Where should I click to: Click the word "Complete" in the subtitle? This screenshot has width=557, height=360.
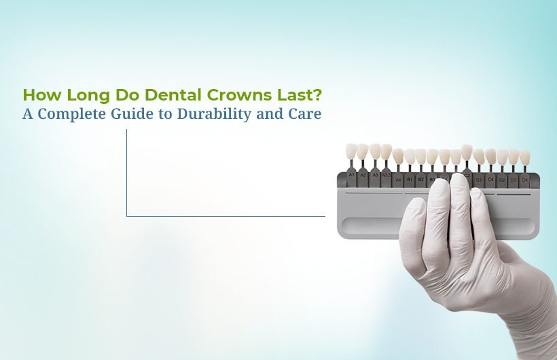tap(71, 113)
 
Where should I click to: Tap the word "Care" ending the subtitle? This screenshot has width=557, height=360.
tap(306, 113)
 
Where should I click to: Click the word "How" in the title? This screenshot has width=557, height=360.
tap(38, 94)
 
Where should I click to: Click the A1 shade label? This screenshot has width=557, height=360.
tap(351, 176)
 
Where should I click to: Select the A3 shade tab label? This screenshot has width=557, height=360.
tap(374, 176)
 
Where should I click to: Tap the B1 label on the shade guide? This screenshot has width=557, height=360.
tap(410, 180)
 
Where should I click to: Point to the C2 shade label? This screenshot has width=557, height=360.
tap(467, 176)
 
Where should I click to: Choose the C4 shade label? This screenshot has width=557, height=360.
tap(490, 180)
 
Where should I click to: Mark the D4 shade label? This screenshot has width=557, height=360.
tap(524, 180)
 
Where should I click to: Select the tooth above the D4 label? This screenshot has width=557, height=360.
tap(524, 157)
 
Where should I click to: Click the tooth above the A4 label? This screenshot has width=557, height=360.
tap(398, 157)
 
